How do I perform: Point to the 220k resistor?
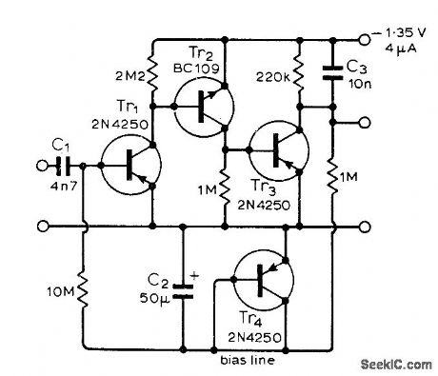tap(299, 70)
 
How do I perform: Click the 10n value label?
tap(358, 83)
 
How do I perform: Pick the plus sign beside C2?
tap(195, 276)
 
